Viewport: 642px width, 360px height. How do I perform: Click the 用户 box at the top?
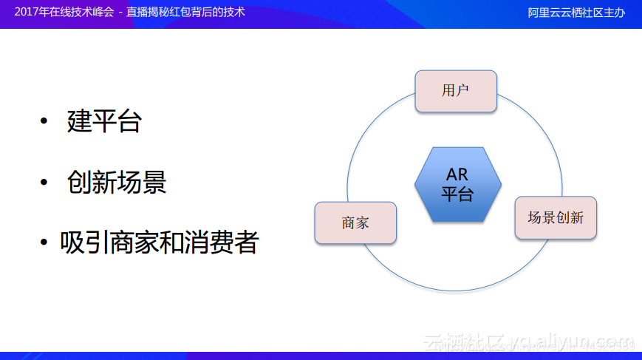coord(455,91)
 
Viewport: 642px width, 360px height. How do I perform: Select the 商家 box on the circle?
coord(355,223)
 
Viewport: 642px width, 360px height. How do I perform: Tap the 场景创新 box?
coord(555,217)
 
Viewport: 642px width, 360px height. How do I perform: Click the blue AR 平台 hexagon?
coord(457,184)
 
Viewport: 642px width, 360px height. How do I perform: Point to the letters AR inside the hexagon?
coord(457,175)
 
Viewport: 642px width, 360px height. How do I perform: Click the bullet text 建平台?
coord(103,121)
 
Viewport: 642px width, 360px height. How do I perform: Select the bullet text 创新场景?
coord(116,182)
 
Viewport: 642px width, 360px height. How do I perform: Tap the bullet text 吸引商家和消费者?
coord(159,242)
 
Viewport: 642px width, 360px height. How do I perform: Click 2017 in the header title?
coord(28,13)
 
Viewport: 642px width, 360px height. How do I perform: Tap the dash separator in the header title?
coord(120,13)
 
